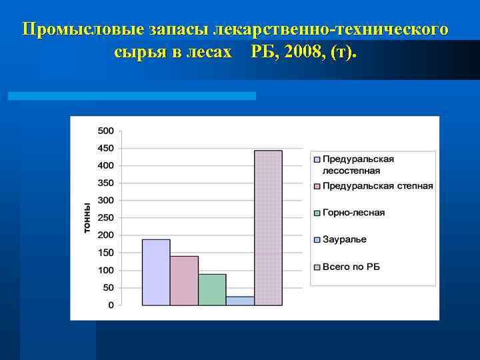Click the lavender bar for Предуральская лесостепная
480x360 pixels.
point(156,272)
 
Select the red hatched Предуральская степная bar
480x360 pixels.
point(184,281)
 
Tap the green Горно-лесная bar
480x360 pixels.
point(212,289)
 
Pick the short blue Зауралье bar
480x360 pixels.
point(240,301)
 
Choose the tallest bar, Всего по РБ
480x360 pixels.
point(268,227)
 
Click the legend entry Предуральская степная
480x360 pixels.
point(377,186)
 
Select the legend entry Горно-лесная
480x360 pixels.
point(353,213)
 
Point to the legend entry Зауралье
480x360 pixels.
point(344,239)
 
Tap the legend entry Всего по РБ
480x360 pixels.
point(351,267)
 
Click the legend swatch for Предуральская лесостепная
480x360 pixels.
point(317,159)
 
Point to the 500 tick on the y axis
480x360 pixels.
point(106,130)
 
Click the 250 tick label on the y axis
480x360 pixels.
point(106,217)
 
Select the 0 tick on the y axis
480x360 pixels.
point(111,305)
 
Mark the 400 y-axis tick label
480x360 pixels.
point(106,165)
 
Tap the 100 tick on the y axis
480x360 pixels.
point(106,270)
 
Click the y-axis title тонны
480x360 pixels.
point(87,217)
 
